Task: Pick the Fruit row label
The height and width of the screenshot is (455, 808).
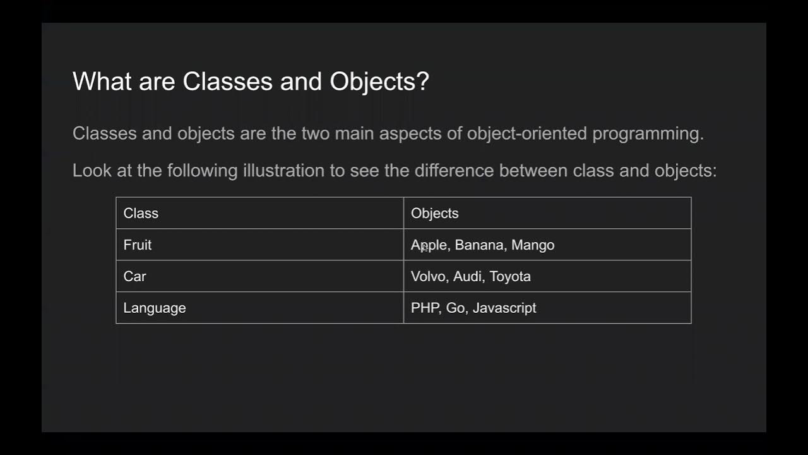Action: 138,245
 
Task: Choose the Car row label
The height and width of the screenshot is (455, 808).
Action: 134,277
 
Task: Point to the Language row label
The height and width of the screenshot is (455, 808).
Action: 155,308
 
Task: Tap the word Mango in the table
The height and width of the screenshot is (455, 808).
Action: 533,245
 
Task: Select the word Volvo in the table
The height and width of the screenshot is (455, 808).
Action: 427,277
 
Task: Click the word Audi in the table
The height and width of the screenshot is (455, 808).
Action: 467,277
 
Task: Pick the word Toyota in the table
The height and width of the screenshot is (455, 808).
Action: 510,277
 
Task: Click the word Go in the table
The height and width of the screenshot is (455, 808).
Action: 455,308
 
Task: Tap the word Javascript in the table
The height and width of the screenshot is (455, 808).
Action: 504,308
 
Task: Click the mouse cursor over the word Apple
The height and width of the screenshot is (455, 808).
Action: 424,248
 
